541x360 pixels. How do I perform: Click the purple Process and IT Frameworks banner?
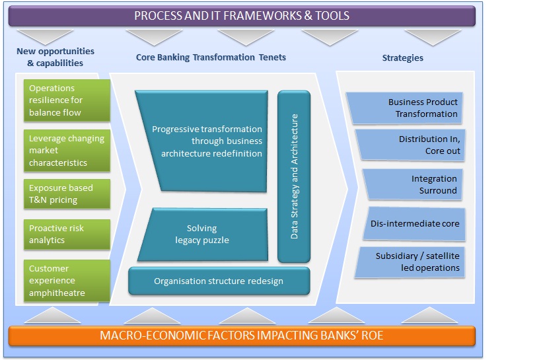click(242, 15)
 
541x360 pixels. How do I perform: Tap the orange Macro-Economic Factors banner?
click(242, 336)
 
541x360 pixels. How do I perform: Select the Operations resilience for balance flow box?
click(66, 100)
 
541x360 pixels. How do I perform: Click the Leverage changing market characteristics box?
click(66, 150)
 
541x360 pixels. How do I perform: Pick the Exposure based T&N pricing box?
click(66, 194)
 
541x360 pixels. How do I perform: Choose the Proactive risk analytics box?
click(66, 234)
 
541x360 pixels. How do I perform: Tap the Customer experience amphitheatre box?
click(66, 281)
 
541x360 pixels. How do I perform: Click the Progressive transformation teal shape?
click(205, 141)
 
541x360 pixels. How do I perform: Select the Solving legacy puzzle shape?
click(201, 234)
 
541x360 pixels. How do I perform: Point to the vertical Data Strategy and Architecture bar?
click(294, 176)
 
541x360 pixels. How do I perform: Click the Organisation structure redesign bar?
click(219, 281)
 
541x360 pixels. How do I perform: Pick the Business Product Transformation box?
click(404, 108)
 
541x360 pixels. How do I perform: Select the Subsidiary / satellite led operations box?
click(410, 262)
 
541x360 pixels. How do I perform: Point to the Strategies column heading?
click(402, 57)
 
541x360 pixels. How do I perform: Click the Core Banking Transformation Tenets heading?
click(211, 57)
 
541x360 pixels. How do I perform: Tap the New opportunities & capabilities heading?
click(55, 57)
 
